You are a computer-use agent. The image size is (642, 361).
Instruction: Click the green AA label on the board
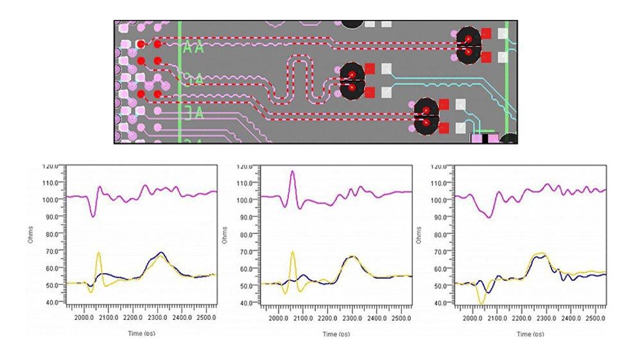click(193, 48)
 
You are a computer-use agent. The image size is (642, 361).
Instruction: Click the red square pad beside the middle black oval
click(369, 68)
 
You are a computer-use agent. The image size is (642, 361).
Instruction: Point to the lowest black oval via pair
click(426, 116)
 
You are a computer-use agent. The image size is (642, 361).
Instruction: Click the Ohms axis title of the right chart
click(419, 234)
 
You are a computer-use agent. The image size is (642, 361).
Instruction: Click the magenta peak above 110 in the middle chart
click(293, 172)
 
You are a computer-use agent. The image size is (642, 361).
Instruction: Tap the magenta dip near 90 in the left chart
click(93, 216)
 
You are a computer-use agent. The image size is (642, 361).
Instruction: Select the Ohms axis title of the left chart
click(30, 234)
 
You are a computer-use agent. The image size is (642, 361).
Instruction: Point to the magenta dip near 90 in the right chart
click(489, 217)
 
